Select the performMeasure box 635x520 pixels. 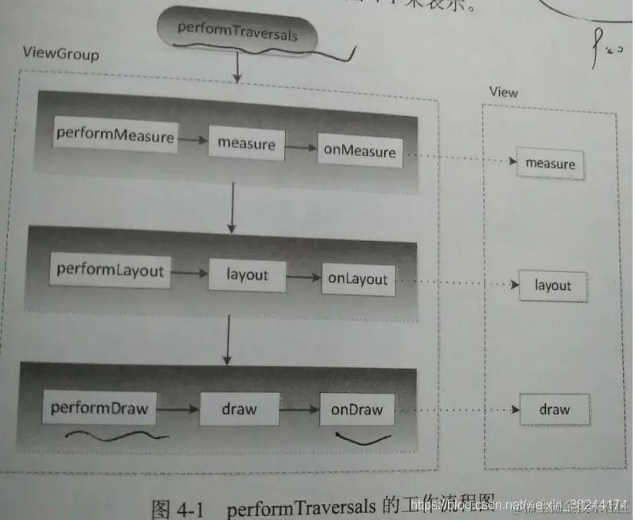115,136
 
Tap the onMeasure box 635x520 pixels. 360,152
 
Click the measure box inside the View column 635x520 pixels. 550,164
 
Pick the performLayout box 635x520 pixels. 111,271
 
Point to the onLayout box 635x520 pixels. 358,279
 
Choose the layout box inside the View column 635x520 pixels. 552,285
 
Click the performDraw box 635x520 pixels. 99,409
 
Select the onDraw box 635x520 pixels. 356,411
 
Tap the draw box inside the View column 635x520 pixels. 554,410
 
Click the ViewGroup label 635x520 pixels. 60,56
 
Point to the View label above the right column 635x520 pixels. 503,93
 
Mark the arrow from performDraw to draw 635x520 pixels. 177,410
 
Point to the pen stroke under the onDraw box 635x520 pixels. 363,437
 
